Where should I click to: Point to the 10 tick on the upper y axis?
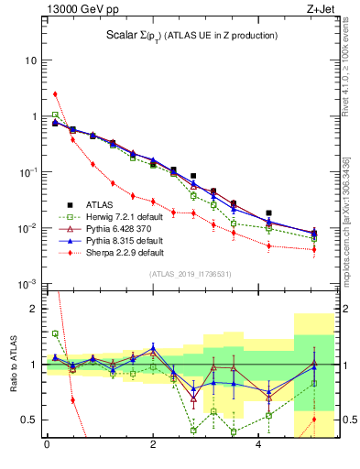[29, 60]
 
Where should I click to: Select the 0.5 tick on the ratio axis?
[27, 420]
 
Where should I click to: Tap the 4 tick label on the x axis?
[258, 446]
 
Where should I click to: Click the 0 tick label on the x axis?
[47, 446]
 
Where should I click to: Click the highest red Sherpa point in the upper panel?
[55, 93]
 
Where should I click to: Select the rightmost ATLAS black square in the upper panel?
[268, 213]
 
